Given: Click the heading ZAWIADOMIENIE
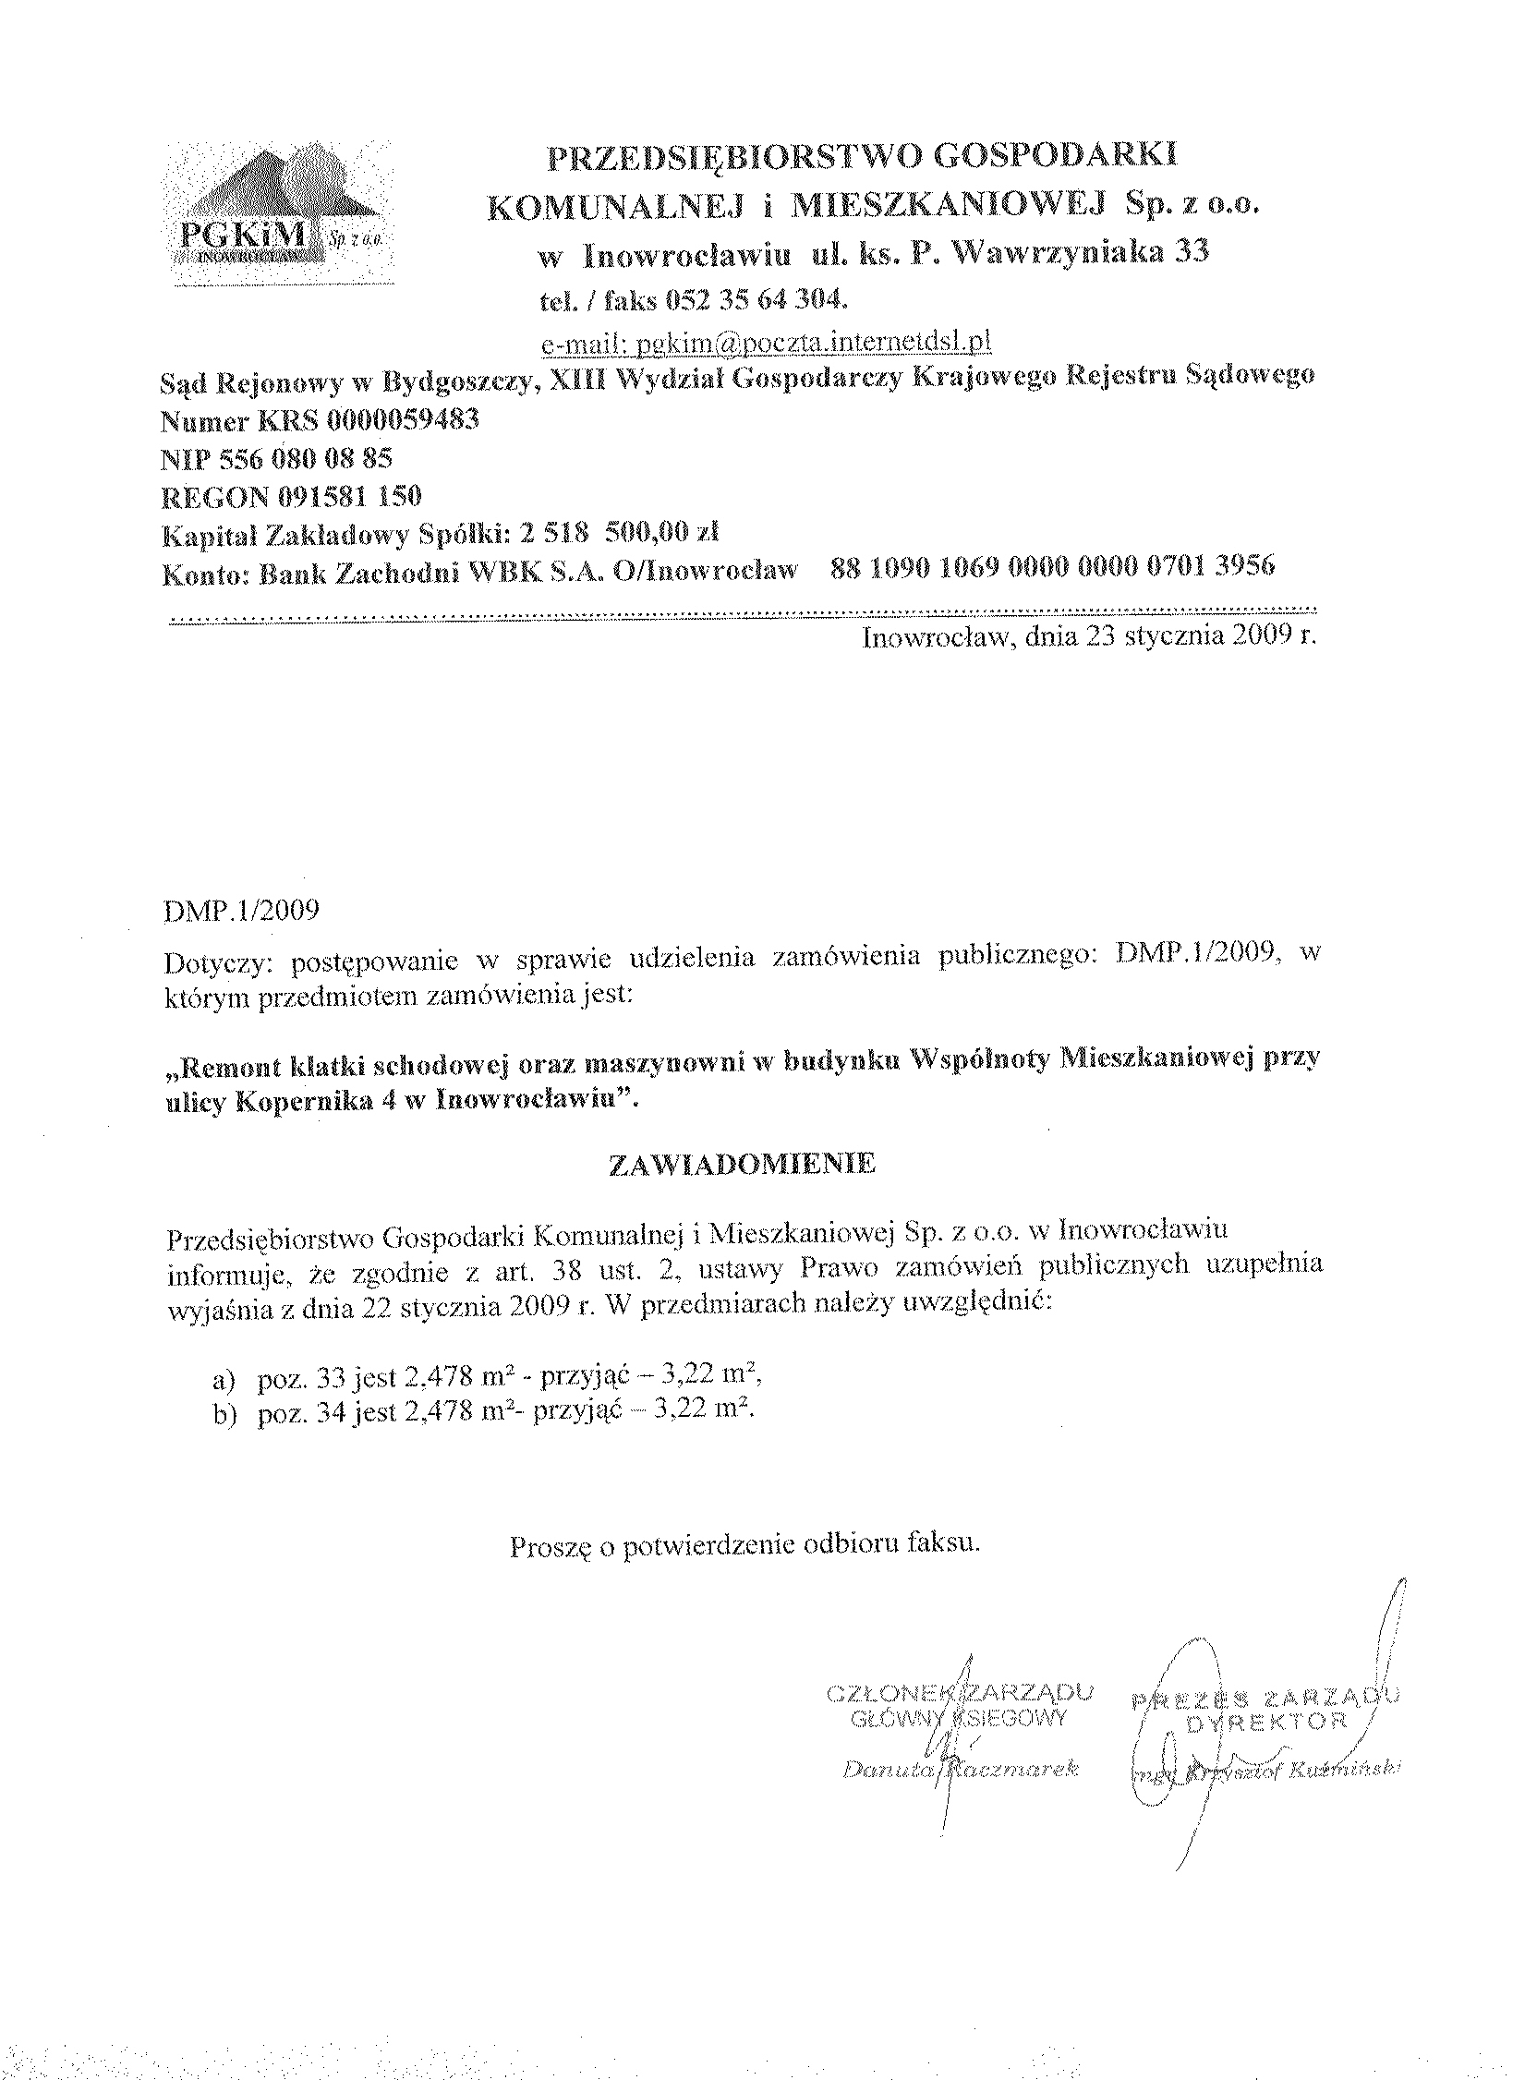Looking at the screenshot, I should (742, 1165).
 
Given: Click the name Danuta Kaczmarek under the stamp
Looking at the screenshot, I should (958, 1771).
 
